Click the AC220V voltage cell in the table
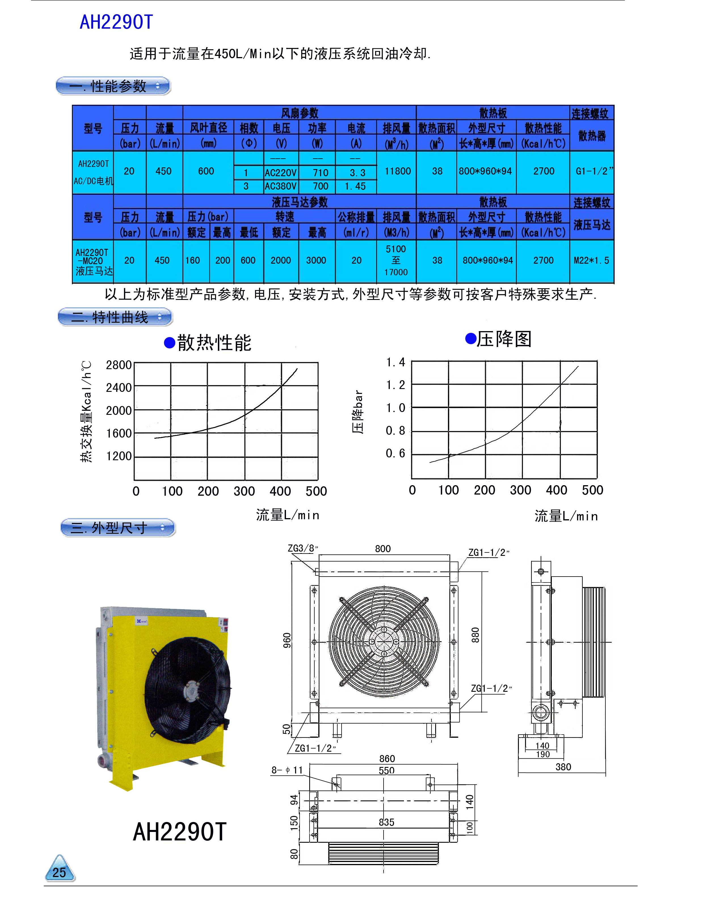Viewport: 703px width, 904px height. pos(281,173)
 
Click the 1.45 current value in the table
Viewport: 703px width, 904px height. pos(355,186)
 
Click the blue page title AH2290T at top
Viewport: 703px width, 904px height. pos(116,22)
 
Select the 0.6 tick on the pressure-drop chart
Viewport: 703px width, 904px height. pos(395,453)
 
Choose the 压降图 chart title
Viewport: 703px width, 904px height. pos(504,339)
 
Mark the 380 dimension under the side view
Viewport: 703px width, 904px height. pos(563,767)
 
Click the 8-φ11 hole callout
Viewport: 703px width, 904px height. pos(287,770)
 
